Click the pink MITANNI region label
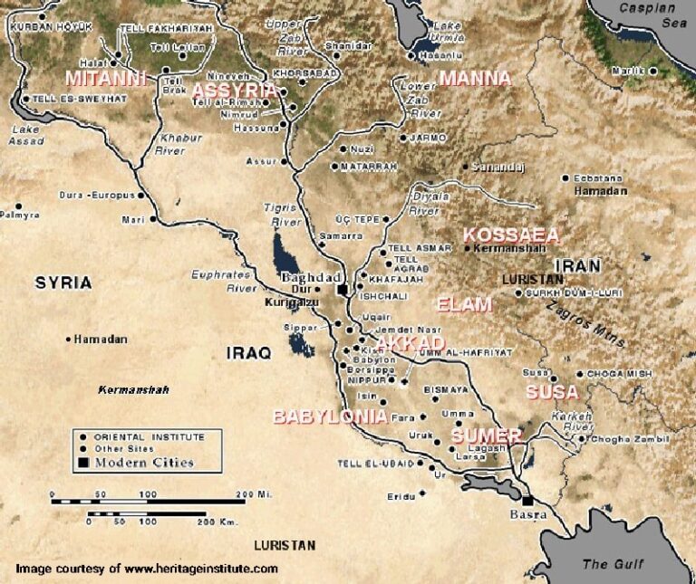coord(105,78)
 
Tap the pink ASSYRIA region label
coord(234,90)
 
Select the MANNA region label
coord(475,78)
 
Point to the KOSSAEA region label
coord(510,235)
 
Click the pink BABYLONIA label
coord(330,416)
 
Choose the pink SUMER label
coord(486,436)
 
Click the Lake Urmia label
coord(446,32)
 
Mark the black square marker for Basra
coord(527,499)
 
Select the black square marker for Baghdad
coord(343,290)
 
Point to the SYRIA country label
coord(63,282)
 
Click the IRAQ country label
coord(248,353)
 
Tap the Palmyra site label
coord(20,215)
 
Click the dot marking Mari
coord(152,219)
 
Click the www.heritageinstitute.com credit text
coord(200,569)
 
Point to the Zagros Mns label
coord(585,325)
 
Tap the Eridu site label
coord(399,495)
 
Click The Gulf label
coord(613,564)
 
